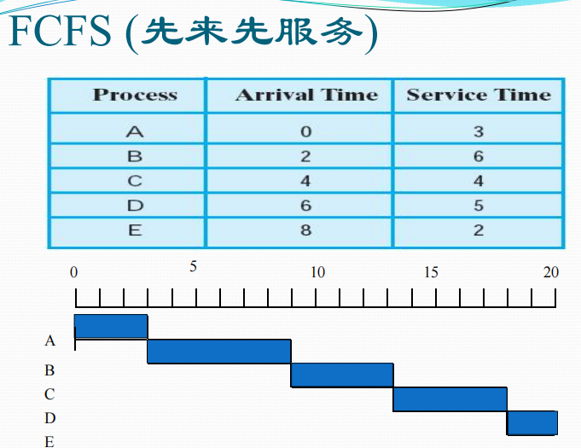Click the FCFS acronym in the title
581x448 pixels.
[x=60, y=31]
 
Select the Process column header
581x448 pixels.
[x=136, y=95]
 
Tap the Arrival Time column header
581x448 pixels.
[x=307, y=95]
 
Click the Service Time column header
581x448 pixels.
[x=479, y=95]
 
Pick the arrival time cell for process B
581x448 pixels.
[x=305, y=156]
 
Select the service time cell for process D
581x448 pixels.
[x=479, y=206]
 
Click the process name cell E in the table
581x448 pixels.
[x=135, y=230]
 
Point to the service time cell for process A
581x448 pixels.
[x=479, y=131]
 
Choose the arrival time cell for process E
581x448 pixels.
[x=305, y=230]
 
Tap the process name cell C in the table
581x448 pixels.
[x=135, y=181]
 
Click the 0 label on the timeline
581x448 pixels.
[x=73, y=272]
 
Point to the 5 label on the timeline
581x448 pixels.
[x=193, y=266]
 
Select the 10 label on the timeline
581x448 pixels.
[x=317, y=272]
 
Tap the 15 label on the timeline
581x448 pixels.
[x=431, y=272]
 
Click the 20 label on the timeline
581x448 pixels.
[x=551, y=272]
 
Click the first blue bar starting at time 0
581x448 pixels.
[x=111, y=327]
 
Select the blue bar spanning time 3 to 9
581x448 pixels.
[x=219, y=352]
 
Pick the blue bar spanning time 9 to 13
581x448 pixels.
[x=342, y=375]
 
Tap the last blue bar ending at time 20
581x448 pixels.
[x=532, y=422]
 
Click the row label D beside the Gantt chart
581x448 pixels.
[x=50, y=418]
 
